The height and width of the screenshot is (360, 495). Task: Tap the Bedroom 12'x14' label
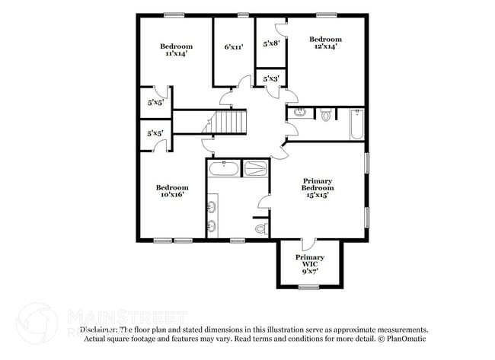tap(325, 43)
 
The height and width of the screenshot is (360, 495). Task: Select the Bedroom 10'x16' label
tap(172, 191)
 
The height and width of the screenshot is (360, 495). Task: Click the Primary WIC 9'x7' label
tap(310, 263)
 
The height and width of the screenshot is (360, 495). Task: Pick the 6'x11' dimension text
tap(234, 47)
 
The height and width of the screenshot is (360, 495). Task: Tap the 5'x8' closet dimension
tap(271, 44)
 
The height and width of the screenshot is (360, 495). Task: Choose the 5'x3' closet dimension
tap(271, 78)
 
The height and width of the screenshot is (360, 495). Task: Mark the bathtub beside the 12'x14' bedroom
tap(356, 126)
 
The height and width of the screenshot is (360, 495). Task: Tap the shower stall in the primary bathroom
tap(255, 168)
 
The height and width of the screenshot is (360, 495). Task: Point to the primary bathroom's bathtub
tap(223, 168)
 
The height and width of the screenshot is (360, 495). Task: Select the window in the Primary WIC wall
tap(308, 287)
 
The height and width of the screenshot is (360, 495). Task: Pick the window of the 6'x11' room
tap(243, 14)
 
